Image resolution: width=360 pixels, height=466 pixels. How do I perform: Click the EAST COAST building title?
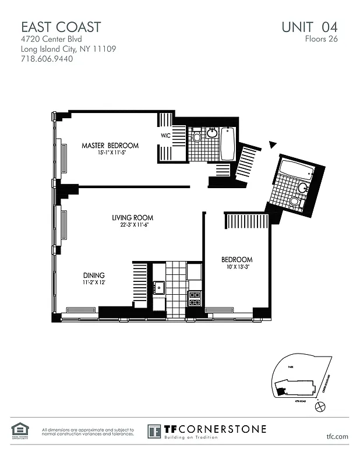click(x=61, y=27)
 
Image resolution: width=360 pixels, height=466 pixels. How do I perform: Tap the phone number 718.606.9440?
click(x=47, y=59)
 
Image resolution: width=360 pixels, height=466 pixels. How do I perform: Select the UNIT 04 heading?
click(x=309, y=27)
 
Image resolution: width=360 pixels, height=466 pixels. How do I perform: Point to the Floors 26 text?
click(x=321, y=40)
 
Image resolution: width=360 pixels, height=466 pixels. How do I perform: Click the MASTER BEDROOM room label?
click(x=110, y=146)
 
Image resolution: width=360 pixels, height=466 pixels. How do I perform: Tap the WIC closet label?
click(x=166, y=136)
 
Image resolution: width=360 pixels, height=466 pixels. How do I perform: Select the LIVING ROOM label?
click(x=133, y=218)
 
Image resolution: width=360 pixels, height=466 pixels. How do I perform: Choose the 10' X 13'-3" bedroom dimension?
click(x=237, y=267)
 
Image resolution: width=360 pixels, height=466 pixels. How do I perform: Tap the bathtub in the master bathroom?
click(x=227, y=143)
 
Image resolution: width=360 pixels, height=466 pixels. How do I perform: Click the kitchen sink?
click(x=158, y=287)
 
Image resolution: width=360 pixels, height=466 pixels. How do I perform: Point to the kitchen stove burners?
click(x=195, y=298)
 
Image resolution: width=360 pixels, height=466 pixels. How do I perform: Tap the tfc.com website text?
click(x=337, y=436)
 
